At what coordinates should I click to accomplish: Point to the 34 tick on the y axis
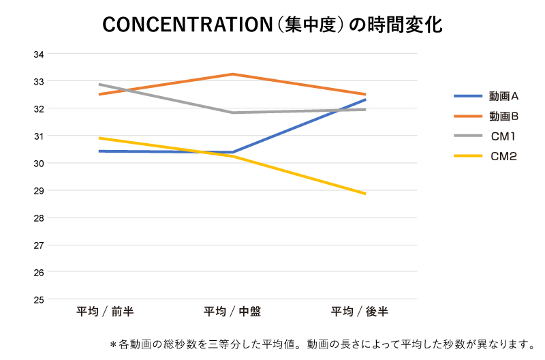(39, 54)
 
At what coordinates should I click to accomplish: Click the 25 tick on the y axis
(39, 299)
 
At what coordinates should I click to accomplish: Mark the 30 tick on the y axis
(39, 163)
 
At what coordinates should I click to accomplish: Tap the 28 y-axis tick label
(39, 217)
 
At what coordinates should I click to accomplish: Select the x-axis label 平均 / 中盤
(232, 312)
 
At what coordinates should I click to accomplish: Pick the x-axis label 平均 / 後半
(360, 312)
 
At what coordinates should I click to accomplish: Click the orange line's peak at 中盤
(232, 74)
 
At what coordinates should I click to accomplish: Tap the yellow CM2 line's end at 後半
(366, 194)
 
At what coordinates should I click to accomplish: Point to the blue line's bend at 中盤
(232, 152)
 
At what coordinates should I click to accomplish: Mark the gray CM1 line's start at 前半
(99, 85)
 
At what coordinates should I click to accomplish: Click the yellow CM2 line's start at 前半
(99, 138)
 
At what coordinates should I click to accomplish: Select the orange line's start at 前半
(99, 94)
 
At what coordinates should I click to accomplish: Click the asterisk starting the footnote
(113, 345)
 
